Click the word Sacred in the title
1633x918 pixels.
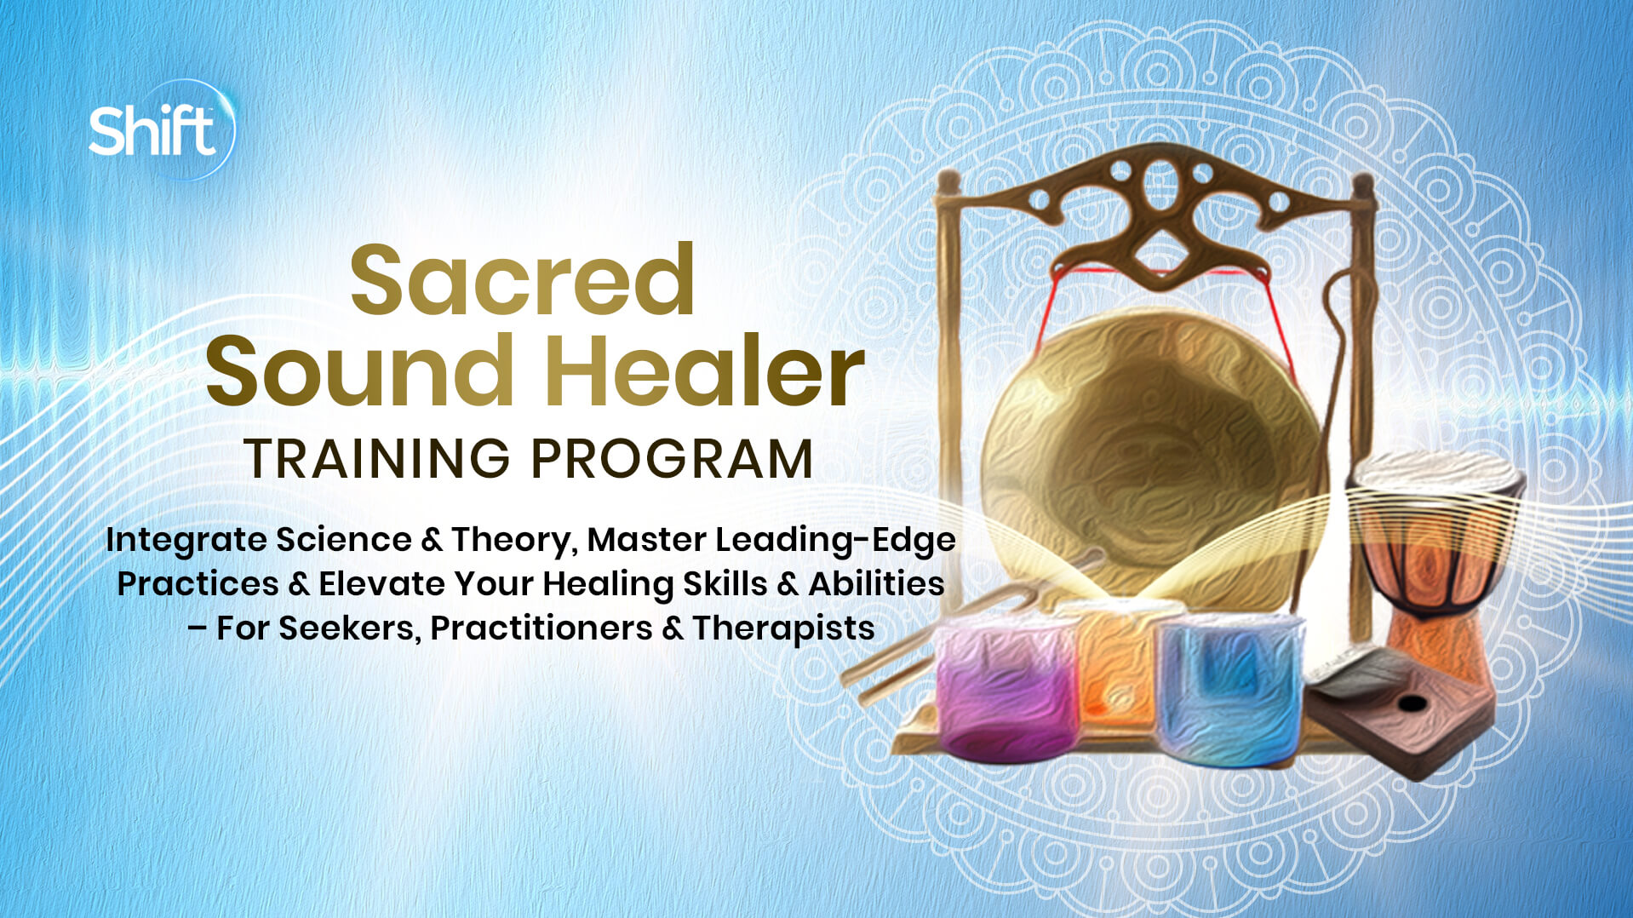click(523, 280)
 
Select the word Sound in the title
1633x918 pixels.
click(360, 371)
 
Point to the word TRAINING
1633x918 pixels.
click(377, 459)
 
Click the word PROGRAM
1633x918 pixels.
click(673, 459)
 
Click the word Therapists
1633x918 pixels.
click(783, 628)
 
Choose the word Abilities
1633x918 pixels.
click(876, 584)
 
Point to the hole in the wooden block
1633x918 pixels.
click(1412, 703)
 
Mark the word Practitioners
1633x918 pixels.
click(541, 628)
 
